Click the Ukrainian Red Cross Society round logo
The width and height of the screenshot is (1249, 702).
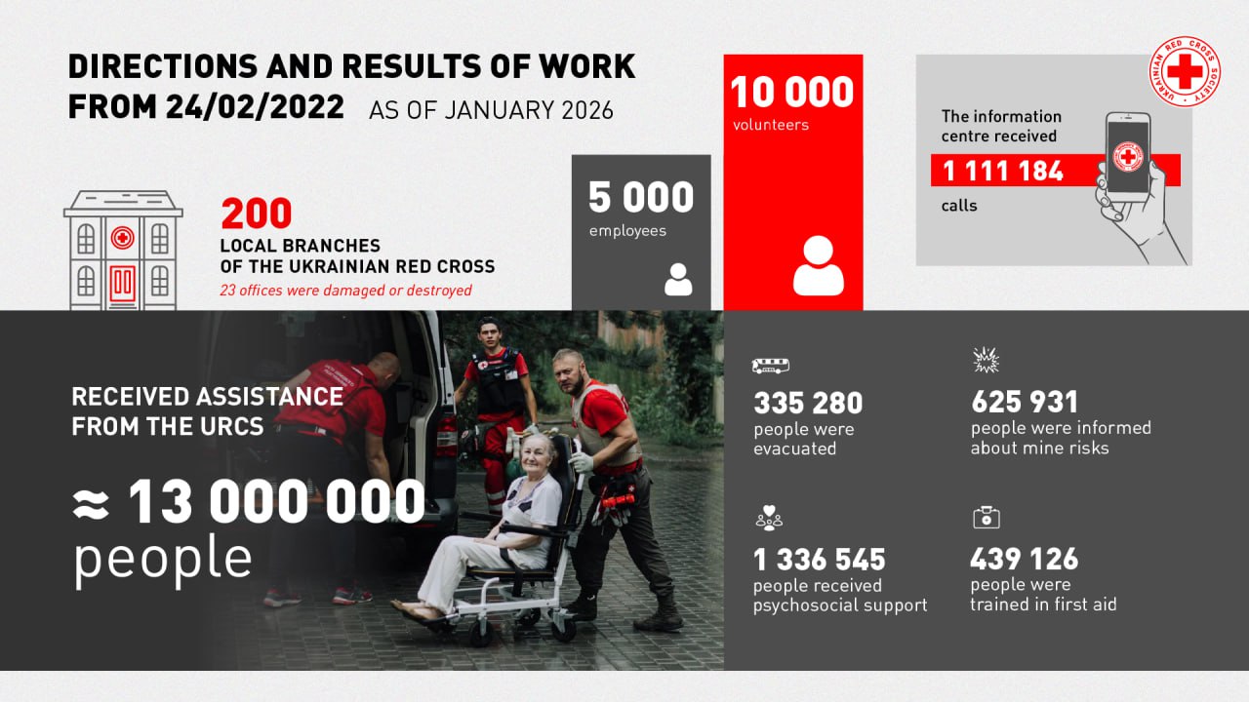[1185, 71]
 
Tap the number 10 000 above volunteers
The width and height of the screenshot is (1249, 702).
[791, 93]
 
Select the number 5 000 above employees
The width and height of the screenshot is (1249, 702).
[641, 197]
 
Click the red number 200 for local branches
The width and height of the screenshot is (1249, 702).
[257, 214]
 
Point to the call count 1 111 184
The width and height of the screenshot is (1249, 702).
[1003, 171]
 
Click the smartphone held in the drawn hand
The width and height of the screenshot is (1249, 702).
[1128, 153]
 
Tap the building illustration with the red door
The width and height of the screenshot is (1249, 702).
[123, 251]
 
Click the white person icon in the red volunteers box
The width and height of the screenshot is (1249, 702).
[818, 265]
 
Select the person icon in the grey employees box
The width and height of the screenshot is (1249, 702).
[678, 280]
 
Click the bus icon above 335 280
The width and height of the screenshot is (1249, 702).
[770, 366]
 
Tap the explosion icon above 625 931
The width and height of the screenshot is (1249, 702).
[986, 360]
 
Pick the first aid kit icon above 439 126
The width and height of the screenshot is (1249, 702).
[987, 518]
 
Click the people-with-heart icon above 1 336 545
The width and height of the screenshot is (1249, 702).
[769, 518]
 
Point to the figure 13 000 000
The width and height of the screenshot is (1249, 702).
[277, 501]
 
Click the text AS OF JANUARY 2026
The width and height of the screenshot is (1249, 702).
[491, 110]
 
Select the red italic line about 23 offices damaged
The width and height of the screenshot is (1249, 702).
[345, 291]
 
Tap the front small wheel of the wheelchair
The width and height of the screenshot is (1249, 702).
[480, 634]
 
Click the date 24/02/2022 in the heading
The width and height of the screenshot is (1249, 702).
[255, 106]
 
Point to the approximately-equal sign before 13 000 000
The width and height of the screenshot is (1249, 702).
[91, 505]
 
